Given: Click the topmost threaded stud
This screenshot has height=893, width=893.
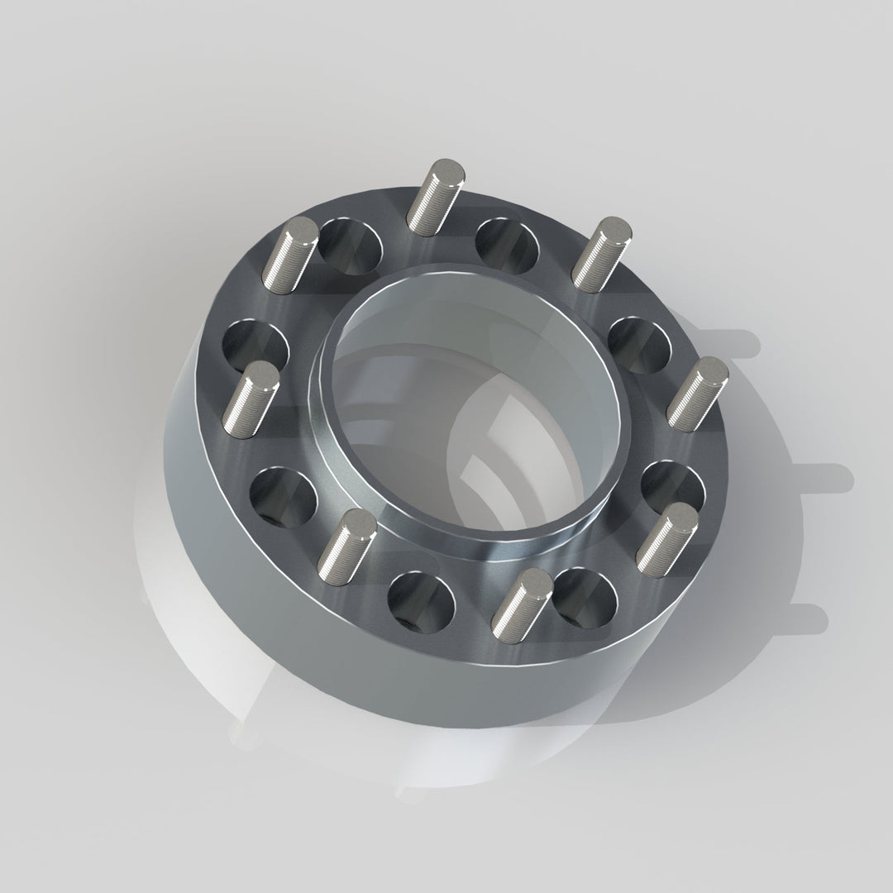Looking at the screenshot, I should (436, 197).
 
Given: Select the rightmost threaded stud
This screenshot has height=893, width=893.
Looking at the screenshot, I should (698, 394).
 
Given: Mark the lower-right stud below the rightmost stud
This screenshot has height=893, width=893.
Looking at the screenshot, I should (666, 540).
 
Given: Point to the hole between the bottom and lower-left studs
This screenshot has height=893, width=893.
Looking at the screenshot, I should (421, 600).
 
